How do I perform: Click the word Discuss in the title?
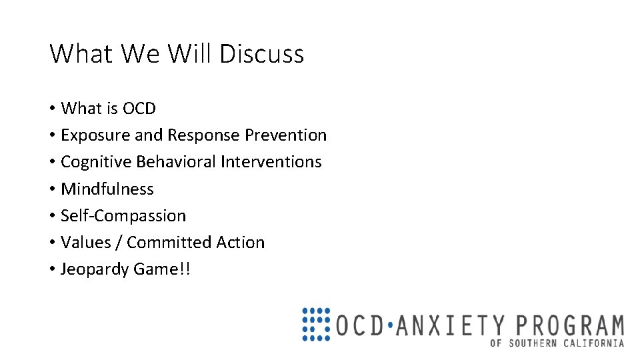click(x=261, y=53)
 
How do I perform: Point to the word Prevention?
click(x=285, y=135)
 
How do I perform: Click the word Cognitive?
click(x=95, y=162)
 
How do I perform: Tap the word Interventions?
click(x=271, y=162)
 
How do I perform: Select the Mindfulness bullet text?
click(x=107, y=189)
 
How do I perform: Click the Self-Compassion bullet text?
click(x=123, y=216)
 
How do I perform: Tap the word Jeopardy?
click(x=94, y=269)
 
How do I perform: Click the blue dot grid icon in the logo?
click(x=316, y=325)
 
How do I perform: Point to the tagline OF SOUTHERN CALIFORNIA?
click(x=557, y=343)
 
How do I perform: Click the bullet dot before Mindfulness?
click(x=51, y=189)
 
